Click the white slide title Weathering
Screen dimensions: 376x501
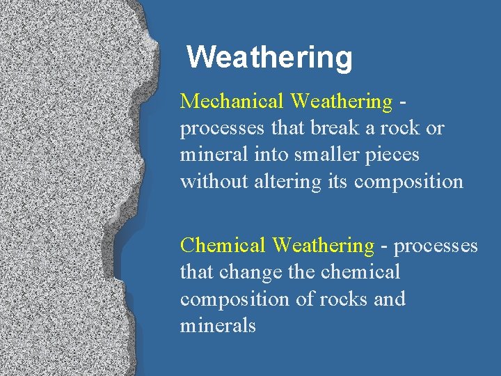269,57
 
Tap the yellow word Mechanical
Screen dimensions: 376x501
232,102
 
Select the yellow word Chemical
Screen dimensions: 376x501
223,245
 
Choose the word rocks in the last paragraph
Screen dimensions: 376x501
344,299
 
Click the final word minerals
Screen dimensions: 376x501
218,325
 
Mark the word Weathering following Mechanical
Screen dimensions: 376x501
341,102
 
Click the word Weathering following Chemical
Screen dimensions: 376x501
323,245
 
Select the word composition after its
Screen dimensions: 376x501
408,182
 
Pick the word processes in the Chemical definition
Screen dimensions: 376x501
436,246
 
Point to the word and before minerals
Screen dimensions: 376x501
390,299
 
